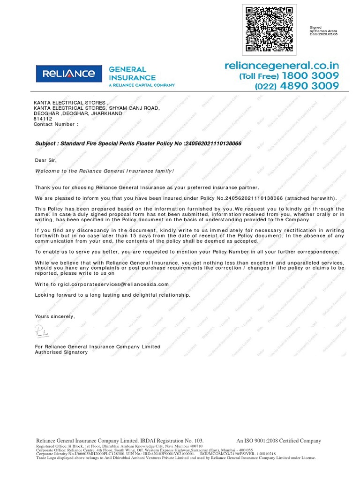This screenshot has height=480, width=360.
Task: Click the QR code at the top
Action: [x=270, y=29]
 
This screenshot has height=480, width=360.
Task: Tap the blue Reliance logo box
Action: [x=69, y=74]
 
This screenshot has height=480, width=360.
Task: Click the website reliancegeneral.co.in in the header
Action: [x=281, y=66]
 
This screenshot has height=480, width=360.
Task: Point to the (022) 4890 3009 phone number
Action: [x=297, y=86]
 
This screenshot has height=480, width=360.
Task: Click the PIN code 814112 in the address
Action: [x=43, y=119]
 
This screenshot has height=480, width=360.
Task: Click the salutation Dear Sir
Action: [x=46, y=160]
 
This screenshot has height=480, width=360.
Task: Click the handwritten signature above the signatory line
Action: [x=42, y=331]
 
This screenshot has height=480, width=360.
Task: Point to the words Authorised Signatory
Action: [x=61, y=352]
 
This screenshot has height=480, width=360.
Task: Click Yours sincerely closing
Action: [x=55, y=316]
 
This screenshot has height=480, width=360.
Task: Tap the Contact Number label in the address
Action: [x=54, y=124]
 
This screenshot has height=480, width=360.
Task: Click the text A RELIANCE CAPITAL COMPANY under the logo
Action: [x=142, y=85]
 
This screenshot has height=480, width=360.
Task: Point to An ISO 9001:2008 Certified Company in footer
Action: [x=279, y=441]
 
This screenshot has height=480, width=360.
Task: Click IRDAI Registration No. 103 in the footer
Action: [x=172, y=441]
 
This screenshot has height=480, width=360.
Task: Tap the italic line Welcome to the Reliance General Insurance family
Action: [x=105, y=171]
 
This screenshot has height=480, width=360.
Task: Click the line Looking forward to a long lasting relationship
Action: [x=113, y=295]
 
